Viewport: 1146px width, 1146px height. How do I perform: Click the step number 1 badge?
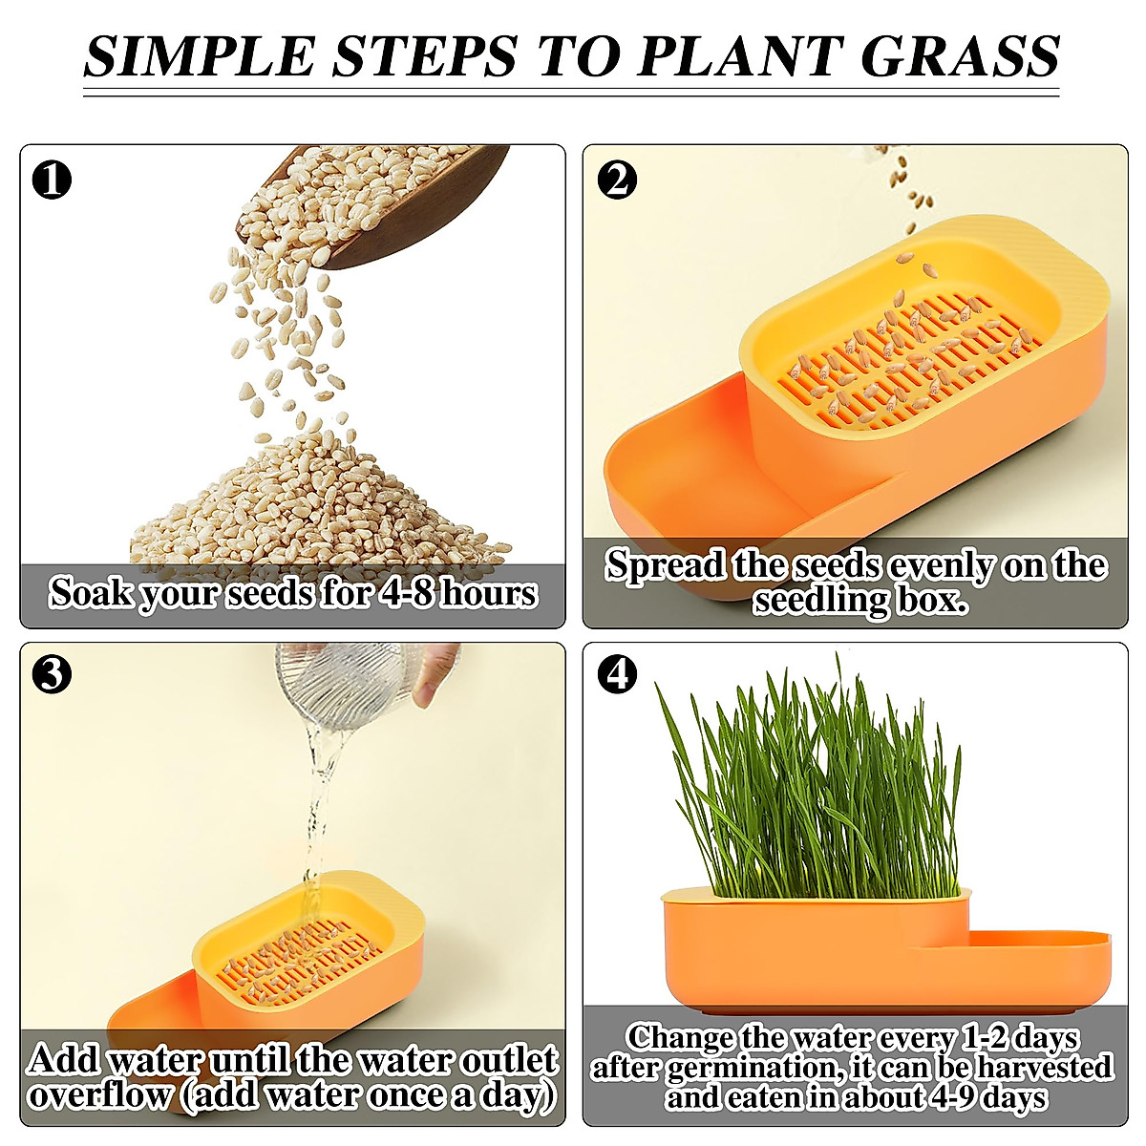(52, 179)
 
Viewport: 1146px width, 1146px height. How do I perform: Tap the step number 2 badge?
(617, 179)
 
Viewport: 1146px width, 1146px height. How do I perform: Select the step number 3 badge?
(52, 674)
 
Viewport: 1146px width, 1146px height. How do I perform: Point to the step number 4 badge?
(617, 674)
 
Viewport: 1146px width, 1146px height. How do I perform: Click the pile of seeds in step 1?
(315, 506)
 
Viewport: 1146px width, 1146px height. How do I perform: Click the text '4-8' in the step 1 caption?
(408, 593)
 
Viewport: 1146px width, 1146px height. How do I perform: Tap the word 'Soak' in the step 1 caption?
(91, 593)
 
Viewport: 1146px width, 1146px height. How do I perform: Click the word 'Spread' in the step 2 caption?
(667, 565)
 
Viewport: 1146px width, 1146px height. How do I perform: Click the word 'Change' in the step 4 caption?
(680, 1037)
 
